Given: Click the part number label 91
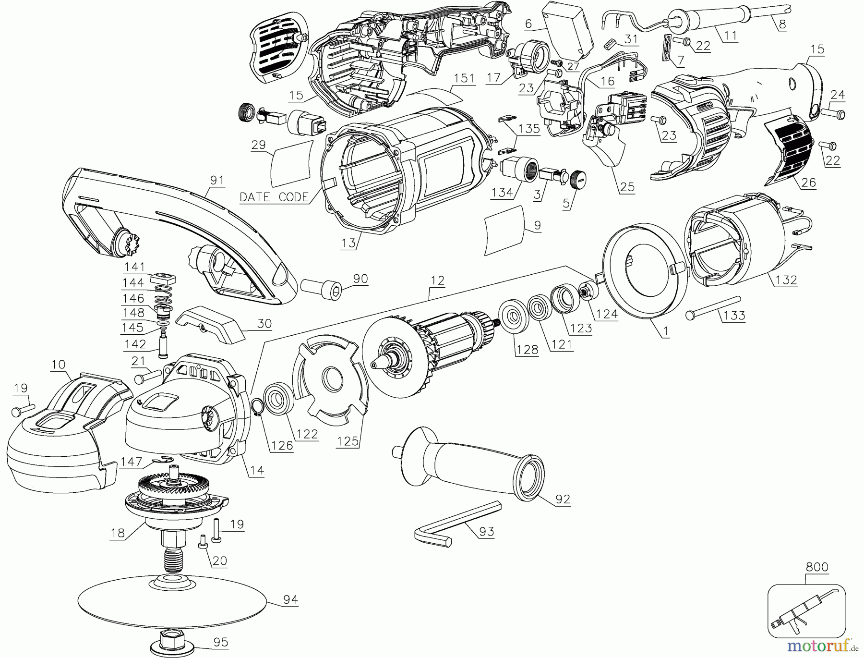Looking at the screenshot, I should (217, 180).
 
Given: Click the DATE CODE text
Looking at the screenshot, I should (274, 197).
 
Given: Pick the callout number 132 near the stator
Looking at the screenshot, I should (786, 280).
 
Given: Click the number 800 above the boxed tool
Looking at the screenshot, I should (817, 567).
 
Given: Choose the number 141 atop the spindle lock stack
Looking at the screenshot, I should (134, 267).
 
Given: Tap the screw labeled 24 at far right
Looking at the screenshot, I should (833, 114).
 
